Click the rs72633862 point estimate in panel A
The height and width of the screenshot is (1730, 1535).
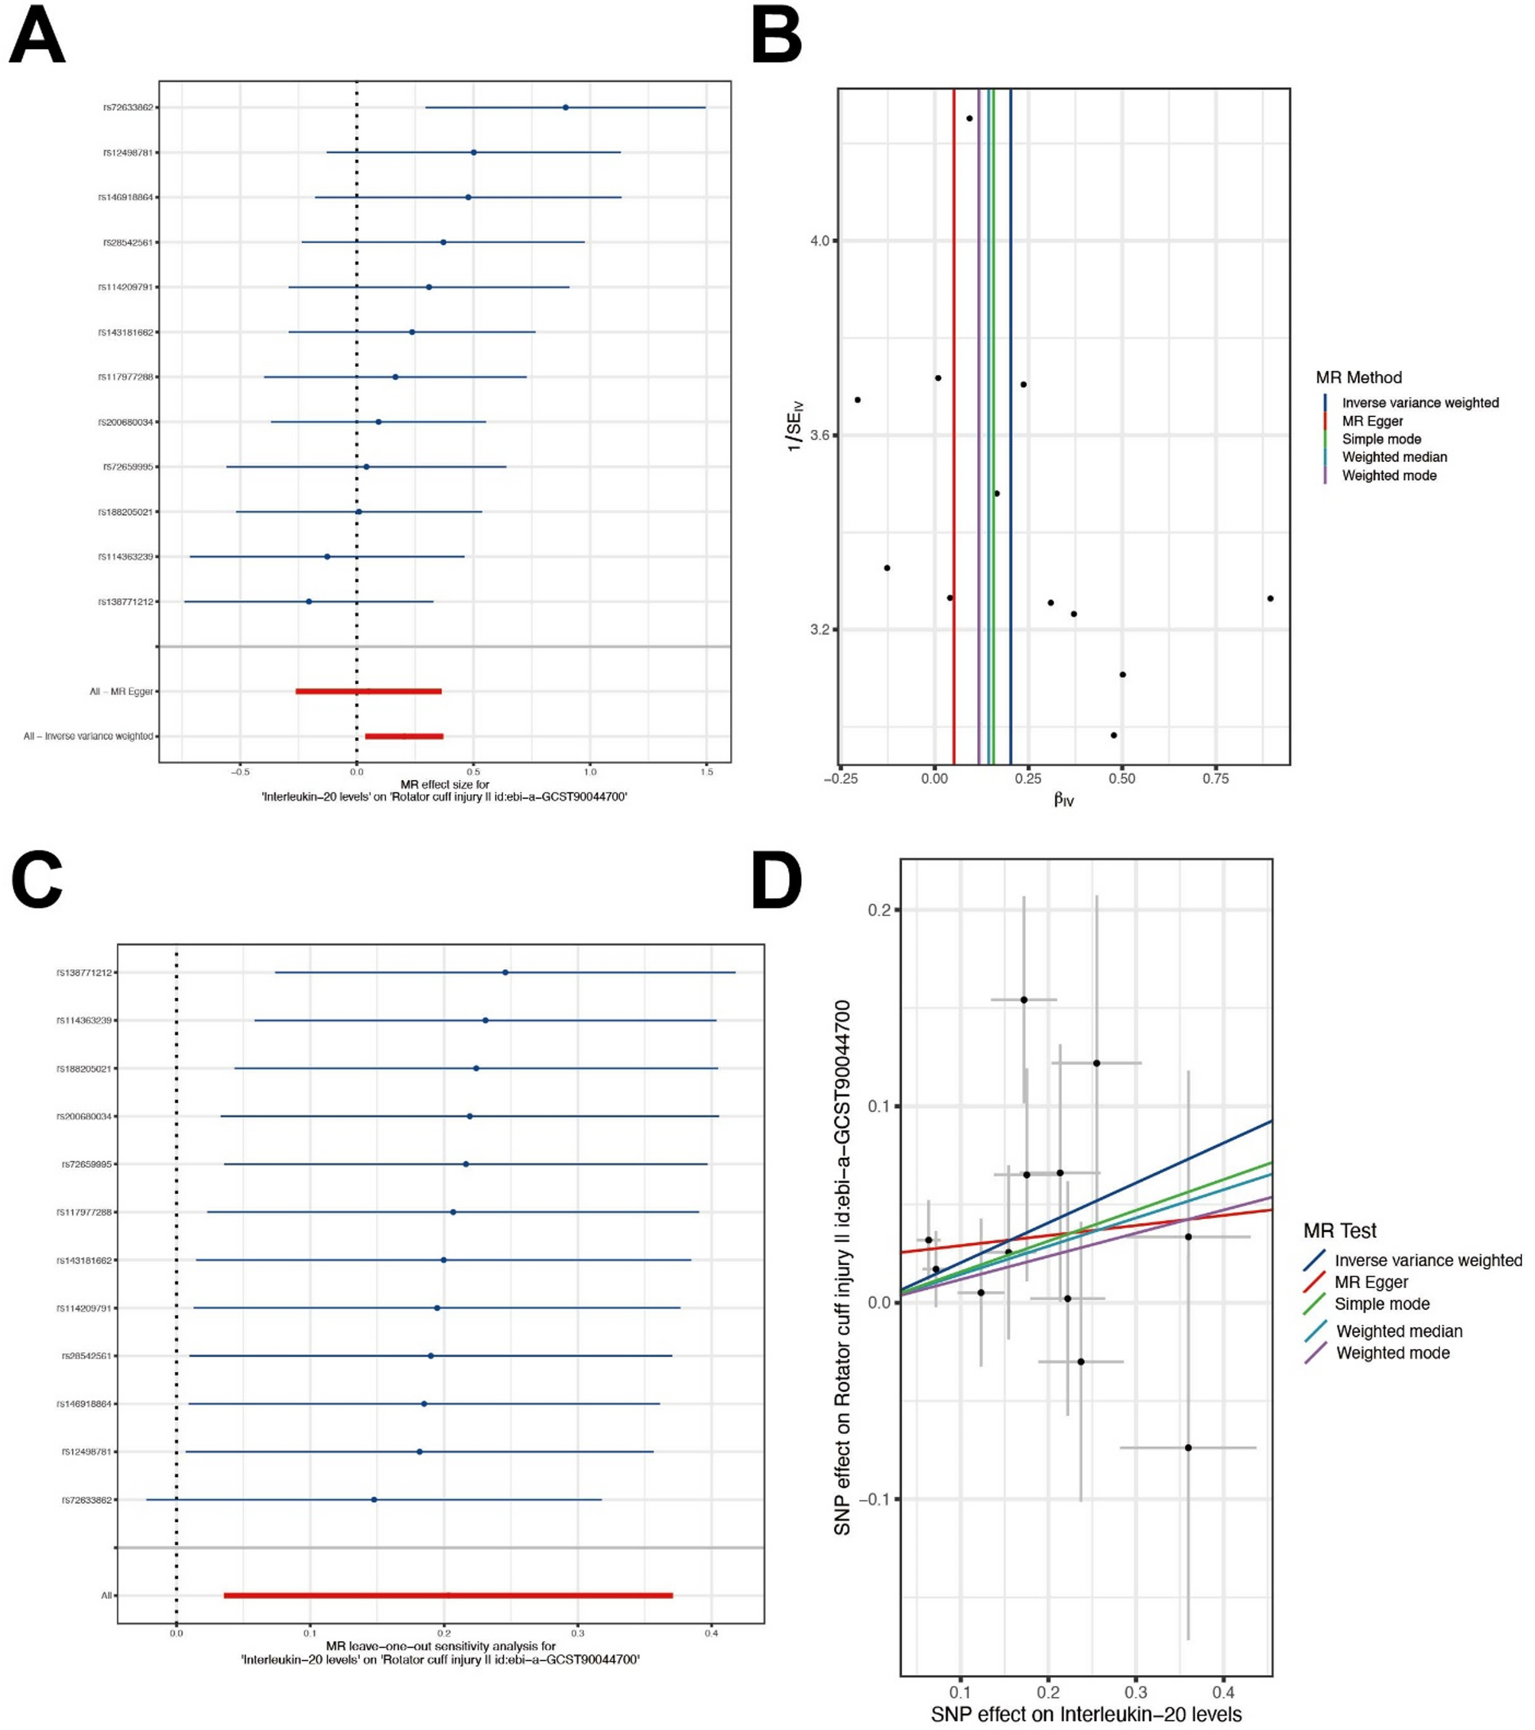point(565,108)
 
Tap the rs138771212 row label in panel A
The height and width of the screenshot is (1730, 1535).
point(126,602)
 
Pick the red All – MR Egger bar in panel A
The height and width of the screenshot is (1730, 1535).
point(368,691)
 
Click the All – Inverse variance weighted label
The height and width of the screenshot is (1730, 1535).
point(89,737)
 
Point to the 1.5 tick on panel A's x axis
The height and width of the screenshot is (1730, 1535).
point(707,772)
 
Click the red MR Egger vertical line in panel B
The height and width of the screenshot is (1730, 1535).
point(954,423)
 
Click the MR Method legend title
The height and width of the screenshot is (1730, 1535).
point(1358,378)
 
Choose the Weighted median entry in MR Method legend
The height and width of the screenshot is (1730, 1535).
point(1394,457)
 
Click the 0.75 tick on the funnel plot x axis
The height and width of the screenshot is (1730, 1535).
point(1215,779)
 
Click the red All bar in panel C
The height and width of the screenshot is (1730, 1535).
point(448,1595)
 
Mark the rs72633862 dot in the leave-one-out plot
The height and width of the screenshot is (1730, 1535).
point(374,1500)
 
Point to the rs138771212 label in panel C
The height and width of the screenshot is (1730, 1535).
point(85,973)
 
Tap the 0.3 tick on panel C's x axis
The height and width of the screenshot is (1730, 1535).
point(578,1634)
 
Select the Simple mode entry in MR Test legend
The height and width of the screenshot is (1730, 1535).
point(1382,1304)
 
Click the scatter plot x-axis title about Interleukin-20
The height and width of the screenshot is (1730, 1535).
point(1086,1715)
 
